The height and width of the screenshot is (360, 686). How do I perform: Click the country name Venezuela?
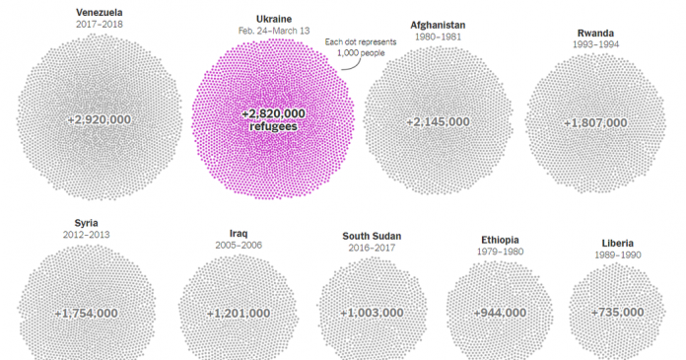(99, 13)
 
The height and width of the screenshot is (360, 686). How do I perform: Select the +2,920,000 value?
(100, 118)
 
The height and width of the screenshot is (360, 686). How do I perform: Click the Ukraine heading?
(273, 19)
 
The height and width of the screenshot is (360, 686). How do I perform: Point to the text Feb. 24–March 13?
(273, 32)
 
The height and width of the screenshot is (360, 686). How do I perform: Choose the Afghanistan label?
(438, 24)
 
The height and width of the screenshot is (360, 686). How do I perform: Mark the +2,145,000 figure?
(438, 122)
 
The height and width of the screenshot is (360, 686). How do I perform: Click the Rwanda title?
(595, 33)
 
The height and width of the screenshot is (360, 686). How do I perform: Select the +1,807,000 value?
(595, 123)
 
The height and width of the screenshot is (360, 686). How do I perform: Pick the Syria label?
(86, 223)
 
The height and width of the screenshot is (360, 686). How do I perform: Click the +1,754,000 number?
(87, 313)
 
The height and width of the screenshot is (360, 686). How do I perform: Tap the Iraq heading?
(238, 234)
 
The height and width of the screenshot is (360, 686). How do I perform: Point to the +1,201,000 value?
(238, 313)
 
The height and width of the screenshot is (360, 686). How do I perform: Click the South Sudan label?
(372, 236)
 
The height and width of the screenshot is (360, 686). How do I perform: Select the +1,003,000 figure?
(372, 313)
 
